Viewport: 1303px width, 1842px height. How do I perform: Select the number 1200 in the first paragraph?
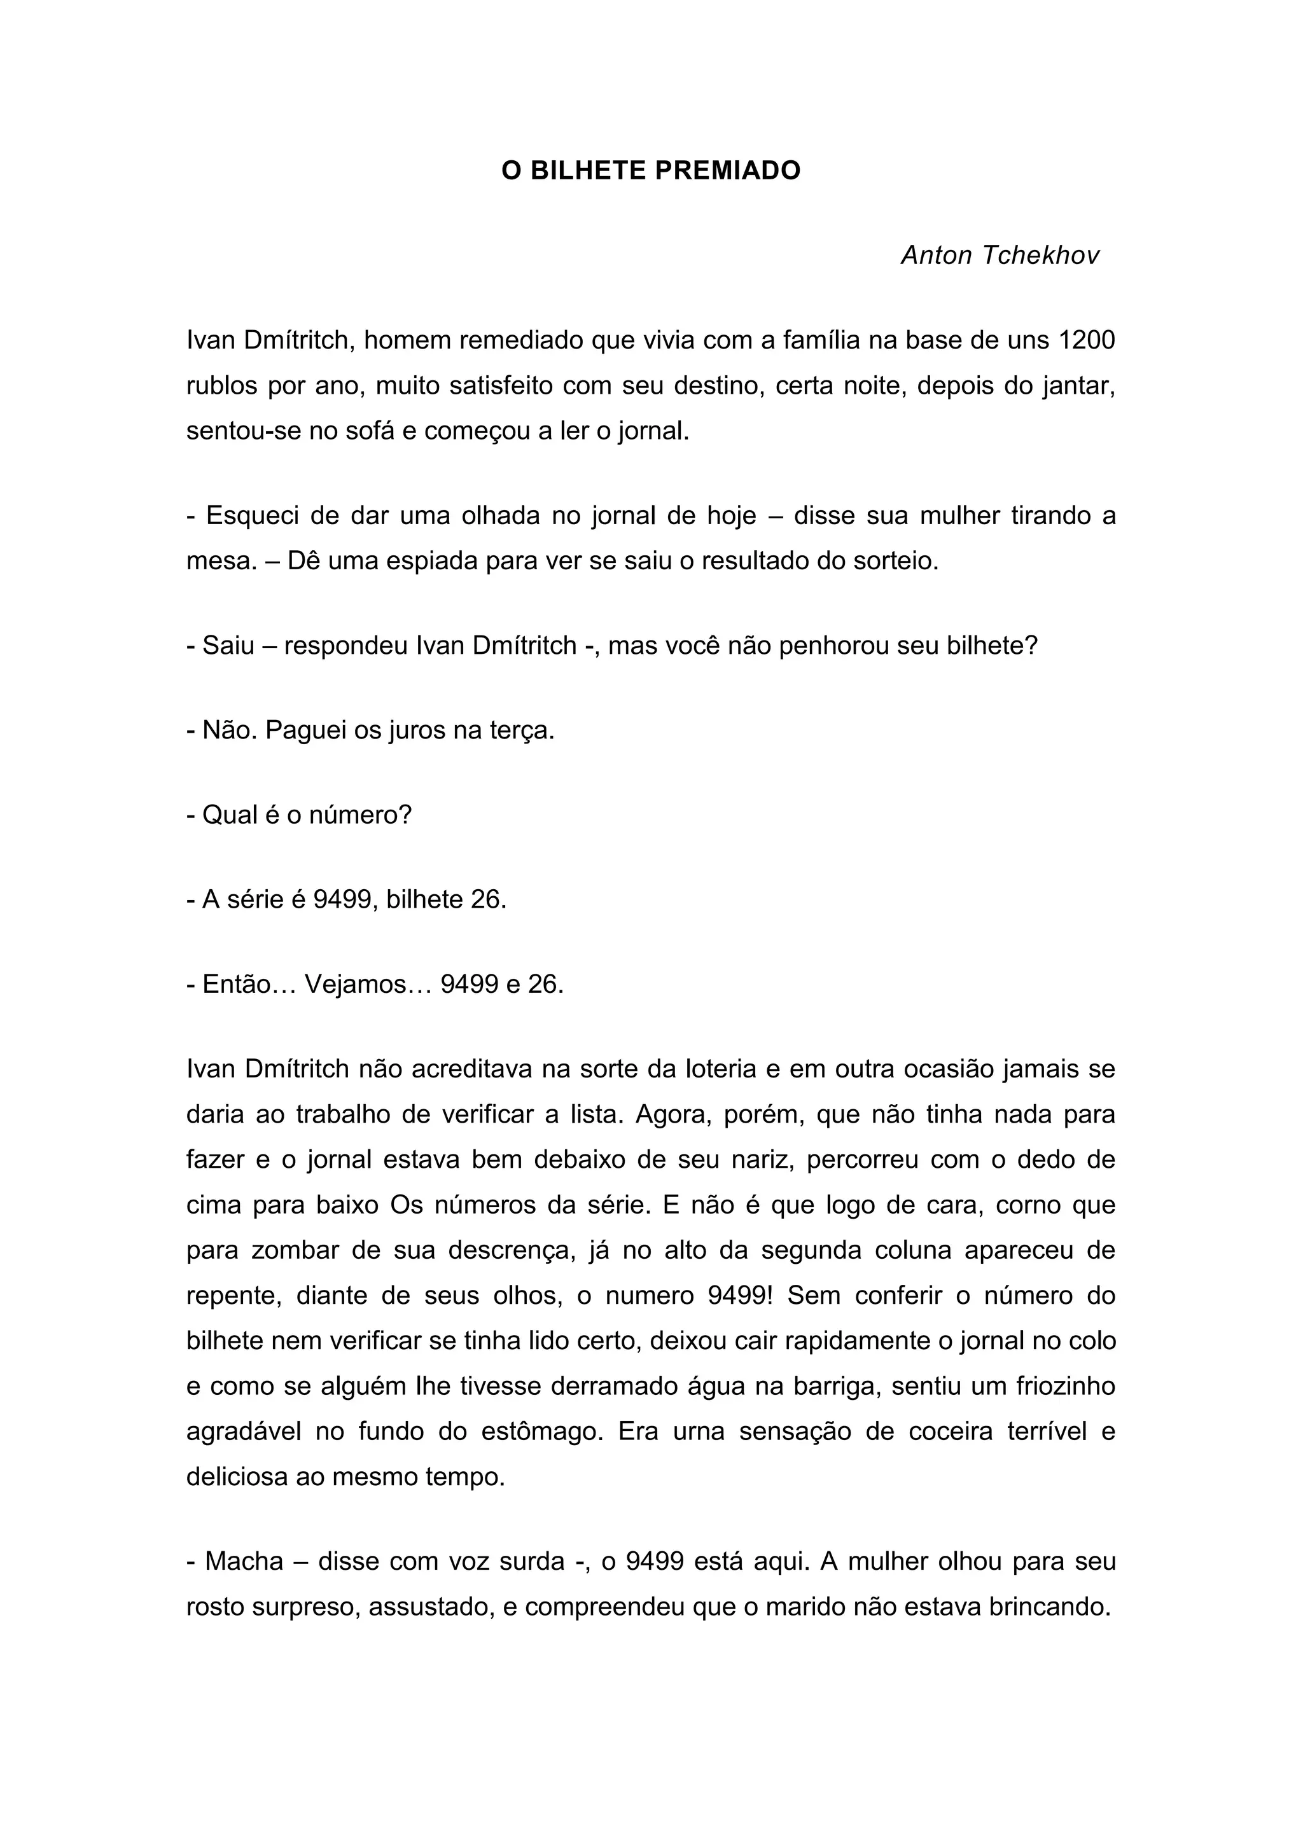coord(1087,341)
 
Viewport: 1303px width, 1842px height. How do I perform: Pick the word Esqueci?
coord(251,515)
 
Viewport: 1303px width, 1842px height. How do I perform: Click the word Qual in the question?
coord(230,815)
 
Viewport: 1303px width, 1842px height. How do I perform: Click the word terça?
coord(522,730)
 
